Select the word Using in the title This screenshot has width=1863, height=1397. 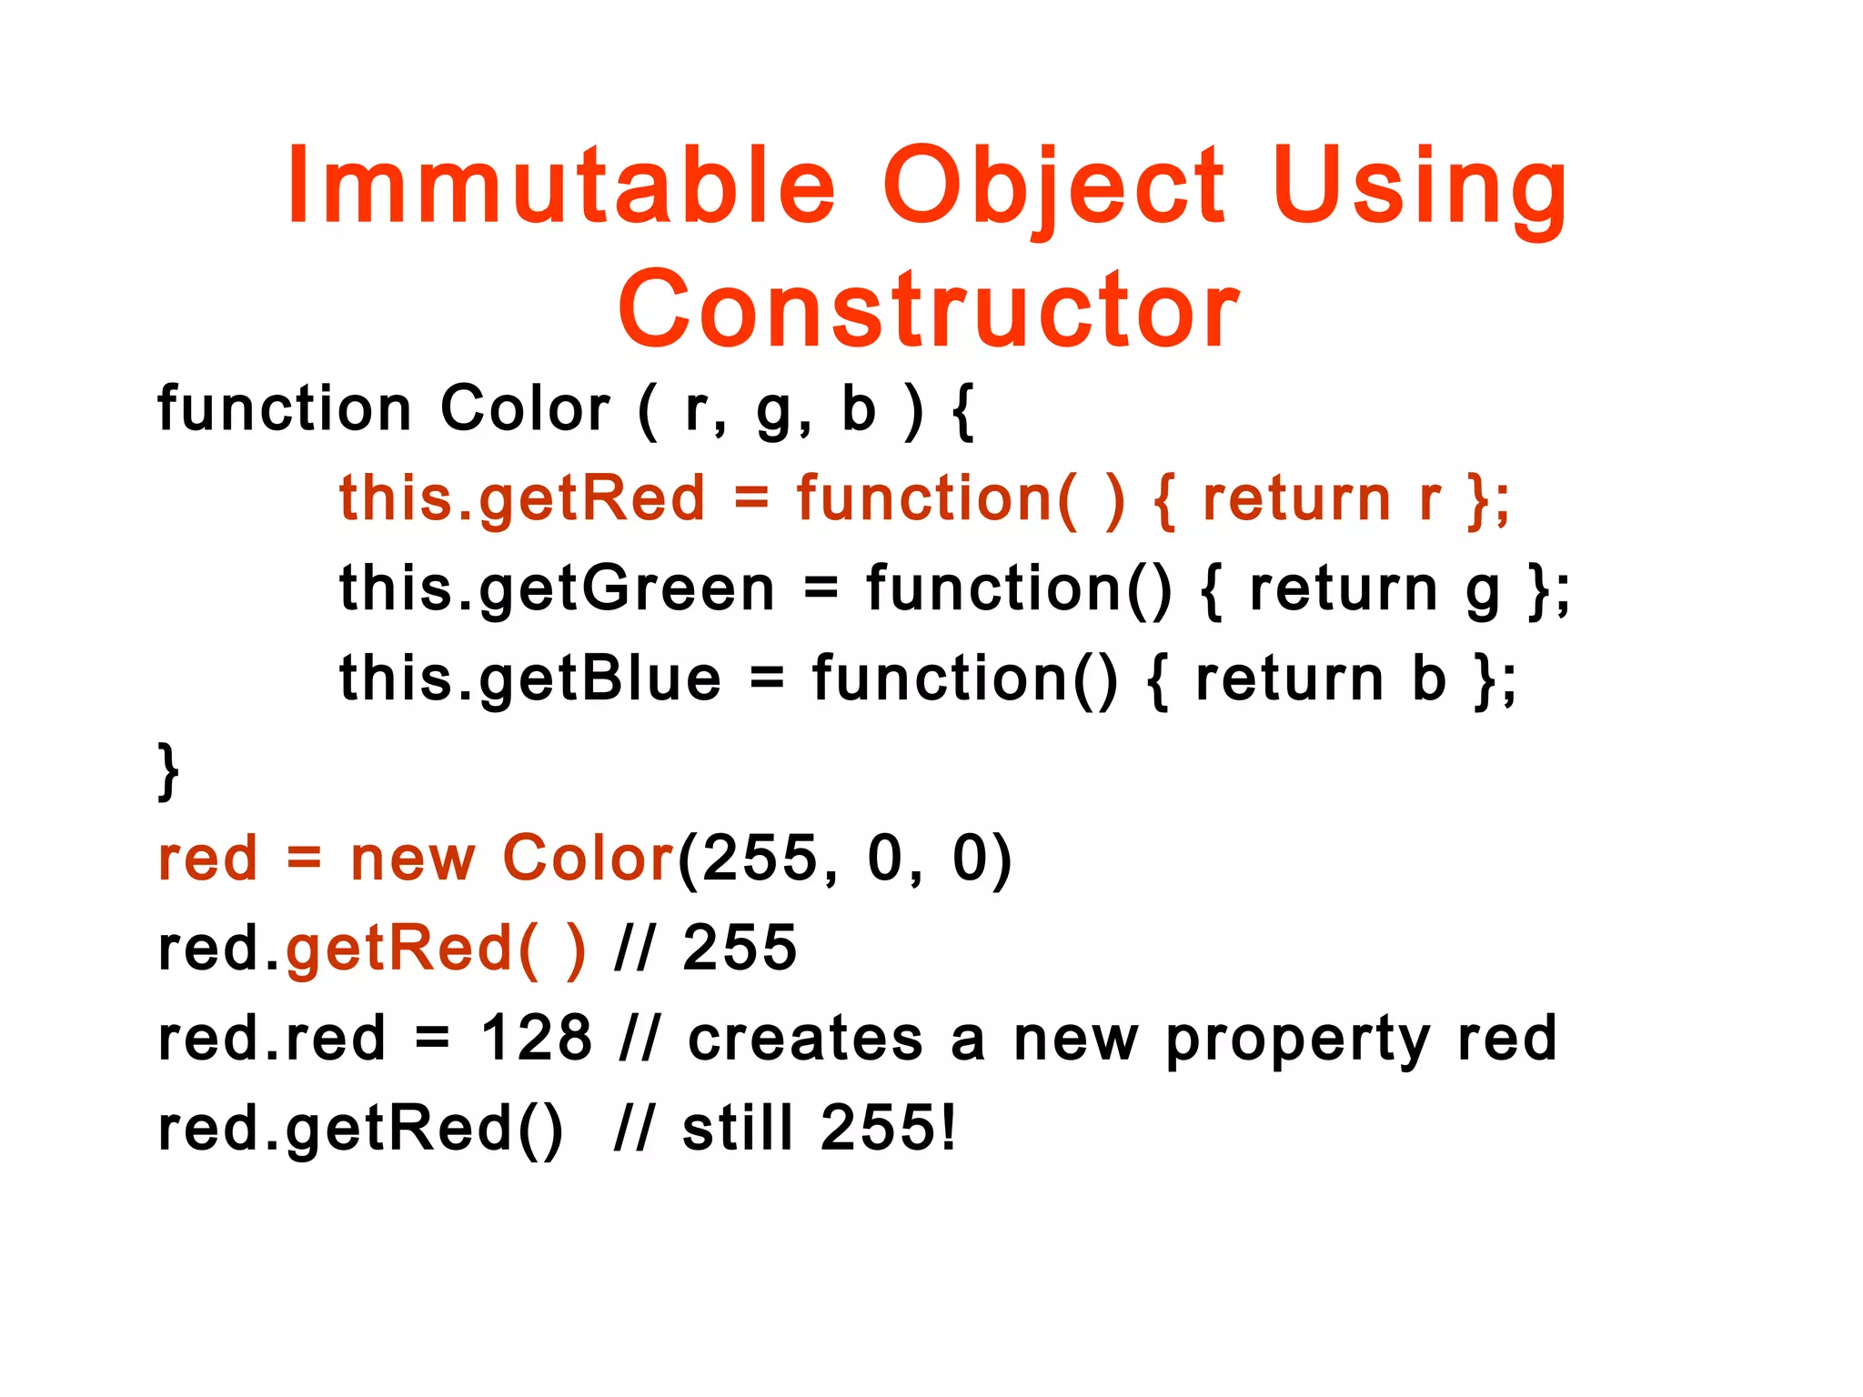tap(1419, 186)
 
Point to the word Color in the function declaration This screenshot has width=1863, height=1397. tap(525, 408)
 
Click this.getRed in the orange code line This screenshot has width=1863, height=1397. tap(522, 499)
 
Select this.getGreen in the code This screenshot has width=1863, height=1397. tap(557, 589)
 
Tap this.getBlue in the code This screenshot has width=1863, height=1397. tap(530, 679)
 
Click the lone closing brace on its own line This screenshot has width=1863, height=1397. tap(168, 770)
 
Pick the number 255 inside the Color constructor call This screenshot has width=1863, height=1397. tap(760, 859)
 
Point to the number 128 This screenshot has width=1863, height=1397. tap(536, 1039)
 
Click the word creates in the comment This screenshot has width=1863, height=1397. tap(805, 1039)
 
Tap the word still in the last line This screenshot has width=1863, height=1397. tap(738, 1129)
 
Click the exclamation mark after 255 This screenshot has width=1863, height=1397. tap(949, 1129)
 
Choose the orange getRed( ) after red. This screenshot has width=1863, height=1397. tap(435, 950)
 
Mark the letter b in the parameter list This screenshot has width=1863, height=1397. tap(858, 408)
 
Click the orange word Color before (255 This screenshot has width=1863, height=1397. tap(588, 859)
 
